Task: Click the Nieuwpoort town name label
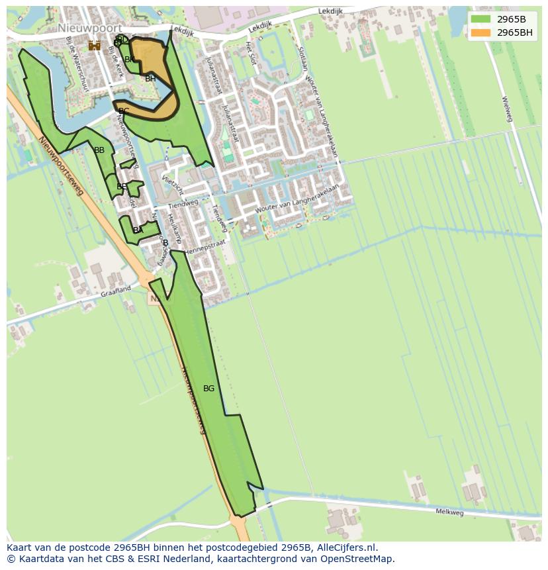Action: tap(89, 28)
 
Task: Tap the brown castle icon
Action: tap(95, 45)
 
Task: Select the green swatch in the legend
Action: tap(481, 19)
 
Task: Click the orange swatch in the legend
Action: tap(481, 32)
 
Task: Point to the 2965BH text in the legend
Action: tap(515, 32)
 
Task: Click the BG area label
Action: tap(208, 389)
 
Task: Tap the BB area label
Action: tap(99, 150)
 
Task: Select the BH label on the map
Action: tap(150, 79)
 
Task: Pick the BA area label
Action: tap(138, 230)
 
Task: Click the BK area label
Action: tap(130, 60)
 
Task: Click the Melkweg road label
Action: tap(449, 512)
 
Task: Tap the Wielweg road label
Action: tap(507, 109)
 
